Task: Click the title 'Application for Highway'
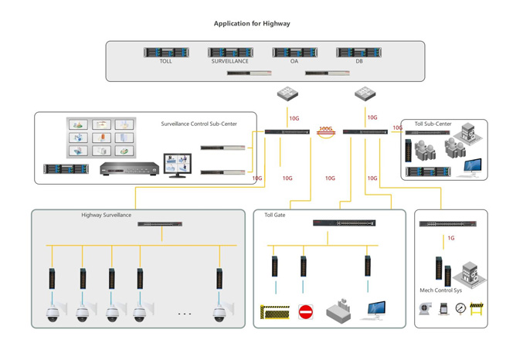[252, 24]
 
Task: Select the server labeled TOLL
[166, 53]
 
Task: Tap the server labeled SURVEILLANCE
[230, 53]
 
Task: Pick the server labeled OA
[294, 53]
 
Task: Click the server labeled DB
[359, 53]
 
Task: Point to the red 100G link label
[326, 130]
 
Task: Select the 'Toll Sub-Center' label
[433, 124]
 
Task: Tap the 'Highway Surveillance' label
[107, 215]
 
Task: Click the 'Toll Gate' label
[274, 215]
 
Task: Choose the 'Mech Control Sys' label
[441, 290]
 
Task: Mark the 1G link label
[451, 238]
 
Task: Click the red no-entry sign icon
[306, 312]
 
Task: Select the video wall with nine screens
[101, 138]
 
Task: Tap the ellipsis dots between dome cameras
[185, 314]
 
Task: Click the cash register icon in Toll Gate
[340, 311]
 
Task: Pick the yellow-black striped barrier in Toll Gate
[275, 312]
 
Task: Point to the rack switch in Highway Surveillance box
[160, 224]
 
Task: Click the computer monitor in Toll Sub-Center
[472, 167]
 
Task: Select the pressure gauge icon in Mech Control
[460, 308]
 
